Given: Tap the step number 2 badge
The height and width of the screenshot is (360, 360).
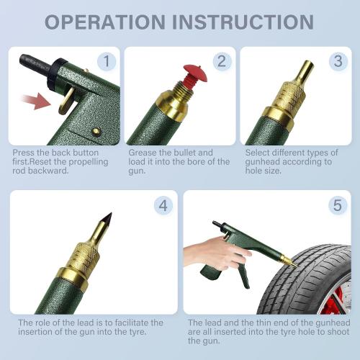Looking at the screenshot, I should [x=221, y=61].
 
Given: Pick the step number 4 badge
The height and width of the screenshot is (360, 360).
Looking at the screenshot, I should [x=163, y=205].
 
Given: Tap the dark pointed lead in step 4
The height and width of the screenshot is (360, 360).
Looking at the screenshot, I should [x=109, y=210].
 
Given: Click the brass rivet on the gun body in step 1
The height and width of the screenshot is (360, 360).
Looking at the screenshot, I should [x=95, y=132].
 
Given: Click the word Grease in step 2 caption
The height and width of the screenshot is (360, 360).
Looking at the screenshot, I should [x=143, y=153].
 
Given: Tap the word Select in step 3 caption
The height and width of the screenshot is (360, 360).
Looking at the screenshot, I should [x=258, y=153].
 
